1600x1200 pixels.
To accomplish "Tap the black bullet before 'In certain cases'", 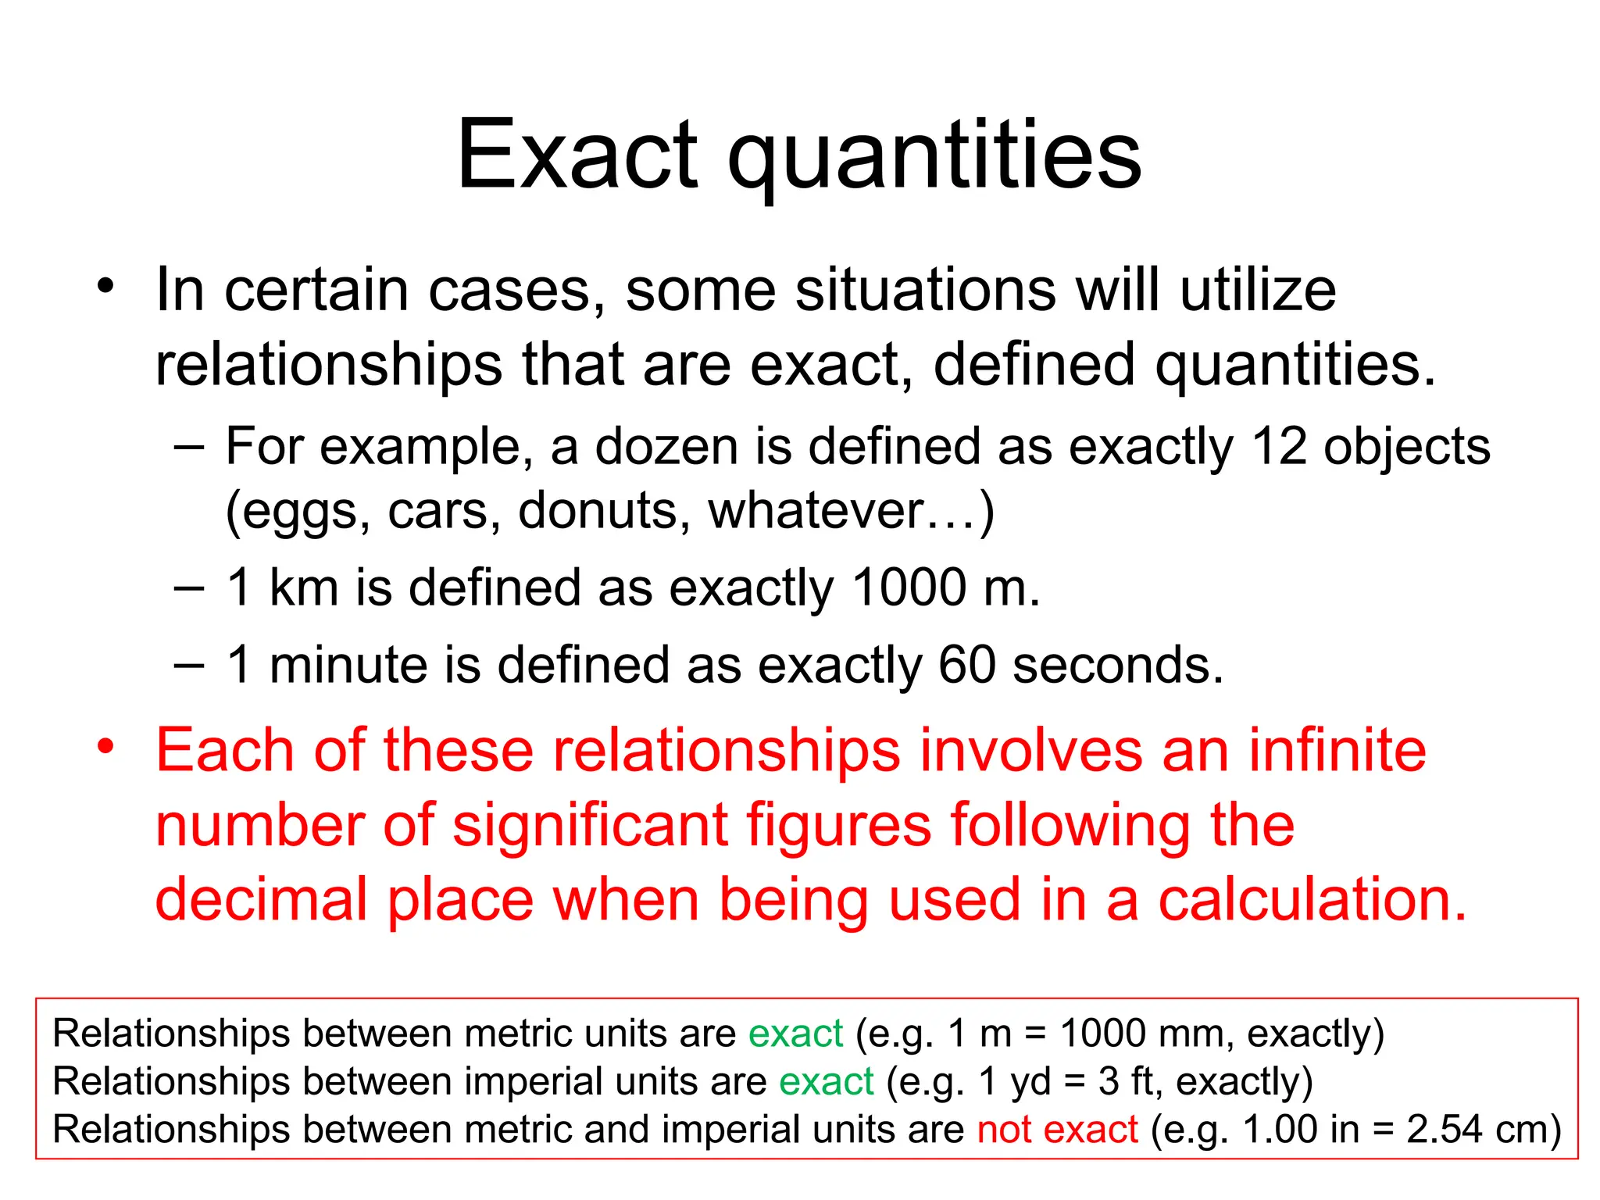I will pos(105,286).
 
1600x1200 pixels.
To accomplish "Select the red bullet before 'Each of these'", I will pos(105,746).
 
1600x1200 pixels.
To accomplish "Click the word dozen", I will pos(666,447).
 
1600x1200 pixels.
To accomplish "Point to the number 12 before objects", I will pos(1278,447).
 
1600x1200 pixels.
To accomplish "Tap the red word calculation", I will pos(1312,900).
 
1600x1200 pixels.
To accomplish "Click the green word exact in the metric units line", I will pos(795,1034).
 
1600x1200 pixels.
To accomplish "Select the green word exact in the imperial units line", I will pos(826,1082).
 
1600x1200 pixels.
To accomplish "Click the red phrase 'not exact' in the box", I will pos(1057,1130).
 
